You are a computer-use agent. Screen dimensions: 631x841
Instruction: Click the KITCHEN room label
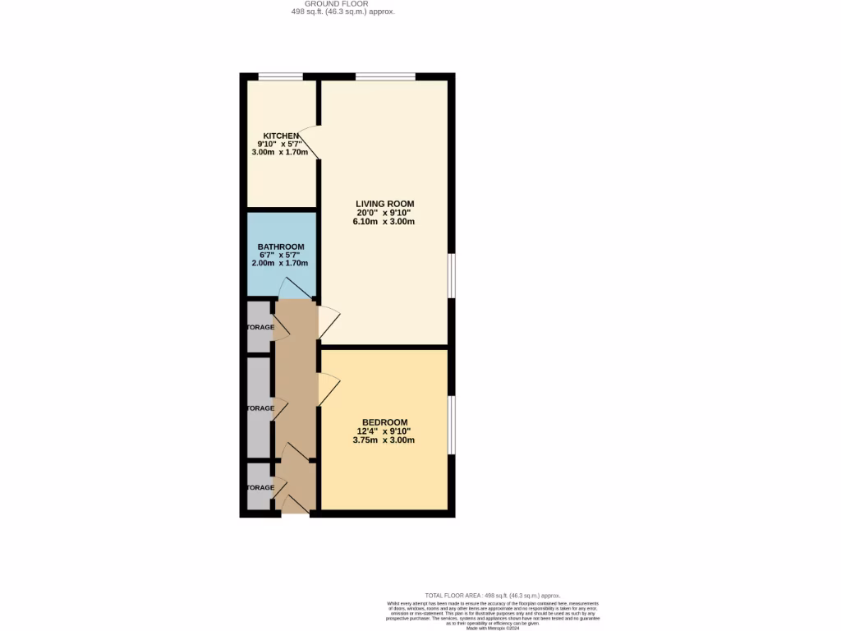tap(281, 136)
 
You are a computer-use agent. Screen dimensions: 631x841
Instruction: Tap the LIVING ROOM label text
tap(384, 204)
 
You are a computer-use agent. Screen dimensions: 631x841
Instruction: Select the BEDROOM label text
tap(384, 422)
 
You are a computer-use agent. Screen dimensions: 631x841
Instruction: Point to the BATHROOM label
tap(281, 246)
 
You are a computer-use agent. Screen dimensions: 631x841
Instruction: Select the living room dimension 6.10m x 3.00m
tap(384, 222)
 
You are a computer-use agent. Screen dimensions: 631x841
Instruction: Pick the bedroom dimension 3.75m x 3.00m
tap(384, 440)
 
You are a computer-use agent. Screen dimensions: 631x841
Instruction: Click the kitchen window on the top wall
tap(280, 77)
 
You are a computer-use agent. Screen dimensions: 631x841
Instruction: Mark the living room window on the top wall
tap(385, 77)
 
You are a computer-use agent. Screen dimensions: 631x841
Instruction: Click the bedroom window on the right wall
tap(451, 424)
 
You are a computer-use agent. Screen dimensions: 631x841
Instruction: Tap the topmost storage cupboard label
tap(260, 327)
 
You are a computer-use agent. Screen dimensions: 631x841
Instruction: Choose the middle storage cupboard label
tap(260, 408)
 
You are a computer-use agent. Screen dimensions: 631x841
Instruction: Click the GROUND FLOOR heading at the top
tap(342, 4)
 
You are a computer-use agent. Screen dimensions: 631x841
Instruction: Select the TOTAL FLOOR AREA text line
tap(492, 595)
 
